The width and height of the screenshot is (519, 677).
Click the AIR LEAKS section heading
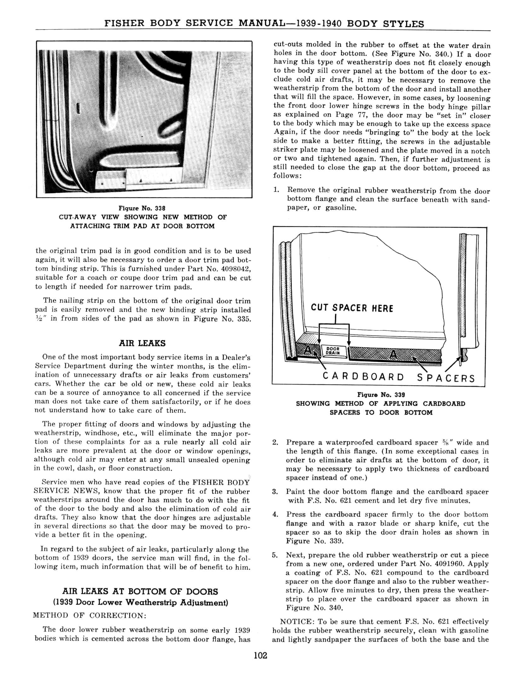[142, 343]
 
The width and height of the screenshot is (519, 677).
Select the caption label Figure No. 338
[142, 208]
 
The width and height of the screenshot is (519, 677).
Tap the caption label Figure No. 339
[381, 395]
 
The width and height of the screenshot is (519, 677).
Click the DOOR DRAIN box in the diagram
[333, 351]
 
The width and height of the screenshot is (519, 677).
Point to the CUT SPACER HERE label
[352, 308]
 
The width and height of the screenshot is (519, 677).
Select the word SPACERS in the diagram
[446, 378]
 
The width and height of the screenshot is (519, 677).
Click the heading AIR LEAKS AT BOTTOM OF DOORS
[140, 591]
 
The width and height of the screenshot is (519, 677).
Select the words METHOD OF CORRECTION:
[90, 615]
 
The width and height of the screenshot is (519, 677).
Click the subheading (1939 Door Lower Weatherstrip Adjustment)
[140, 602]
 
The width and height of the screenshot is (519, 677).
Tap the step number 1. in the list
[276, 190]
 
